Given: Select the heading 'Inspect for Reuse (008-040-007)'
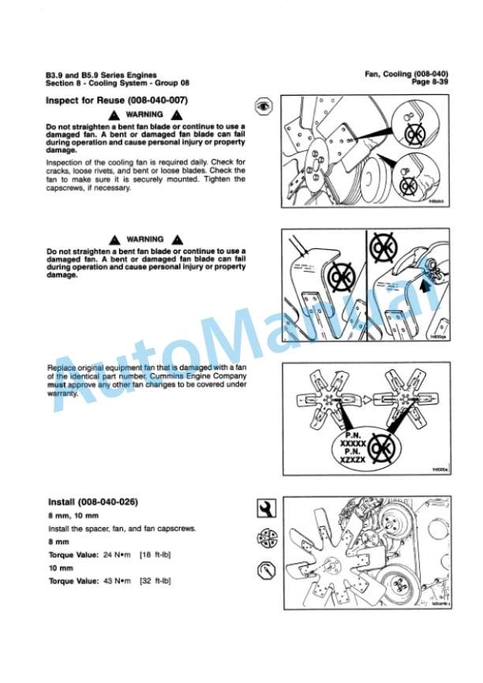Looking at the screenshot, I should pos(117,100).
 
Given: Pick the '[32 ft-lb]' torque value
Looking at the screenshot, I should pos(155,581).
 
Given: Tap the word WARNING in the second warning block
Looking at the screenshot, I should pos(145,239).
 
